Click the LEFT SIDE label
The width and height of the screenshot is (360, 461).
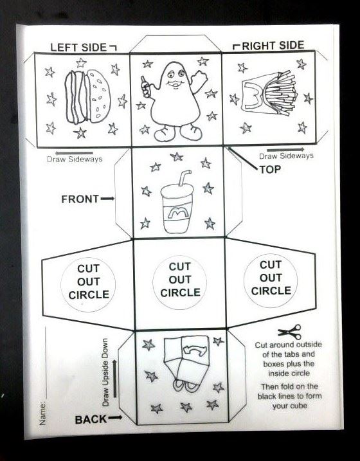(x=78, y=48)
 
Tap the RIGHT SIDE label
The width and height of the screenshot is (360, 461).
(x=273, y=46)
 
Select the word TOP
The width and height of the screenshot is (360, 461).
(x=270, y=169)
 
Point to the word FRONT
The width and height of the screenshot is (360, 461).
(x=80, y=199)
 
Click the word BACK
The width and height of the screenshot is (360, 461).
(x=91, y=420)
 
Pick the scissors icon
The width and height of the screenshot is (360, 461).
(x=290, y=332)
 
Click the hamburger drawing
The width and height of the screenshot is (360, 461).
(x=87, y=96)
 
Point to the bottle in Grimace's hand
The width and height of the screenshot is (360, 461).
(x=145, y=86)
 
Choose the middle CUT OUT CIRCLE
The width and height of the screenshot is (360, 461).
(x=180, y=280)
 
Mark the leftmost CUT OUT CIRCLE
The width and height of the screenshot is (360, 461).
(x=88, y=282)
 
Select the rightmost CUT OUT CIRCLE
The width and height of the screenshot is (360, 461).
(x=271, y=278)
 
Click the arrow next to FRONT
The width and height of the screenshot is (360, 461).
(x=107, y=199)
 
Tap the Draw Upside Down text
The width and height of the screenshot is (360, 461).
(x=105, y=372)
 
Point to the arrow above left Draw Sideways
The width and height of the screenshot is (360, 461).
(x=74, y=153)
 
